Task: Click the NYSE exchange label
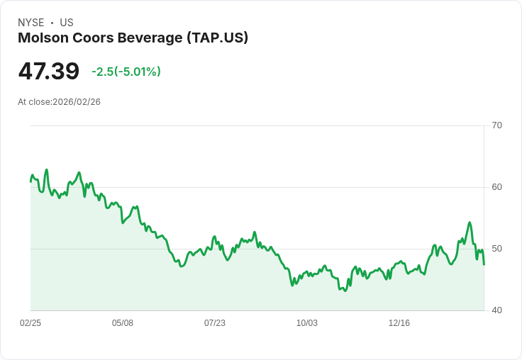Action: click(x=30, y=23)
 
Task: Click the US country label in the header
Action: click(x=66, y=23)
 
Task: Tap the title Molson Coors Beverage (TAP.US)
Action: click(x=133, y=38)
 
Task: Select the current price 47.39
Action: click(x=49, y=72)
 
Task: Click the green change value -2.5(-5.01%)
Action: click(x=126, y=72)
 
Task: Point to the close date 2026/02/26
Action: click(x=77, y=102)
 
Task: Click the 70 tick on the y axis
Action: click(x=496, y=125)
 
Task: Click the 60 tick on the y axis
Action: click(x=496, y=187)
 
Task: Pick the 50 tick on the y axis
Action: click(x=496, y=249)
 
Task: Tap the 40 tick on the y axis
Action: click(x=496, y=310)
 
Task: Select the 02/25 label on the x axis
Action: click(x=30, y=323)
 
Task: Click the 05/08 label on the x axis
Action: click(x=123, y=323)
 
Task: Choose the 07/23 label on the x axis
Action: click(x=215, y=323)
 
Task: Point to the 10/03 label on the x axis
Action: click(x=307, y=323)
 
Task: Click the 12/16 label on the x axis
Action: click(x=399, y=323)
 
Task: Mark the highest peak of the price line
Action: click(x=47, y=170)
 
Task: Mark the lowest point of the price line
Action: click(x=345, y=291)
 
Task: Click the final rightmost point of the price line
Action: click(x=484, y=264)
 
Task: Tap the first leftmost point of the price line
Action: click(x=30, y=182)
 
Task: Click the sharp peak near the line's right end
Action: click(x=470, y=223)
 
